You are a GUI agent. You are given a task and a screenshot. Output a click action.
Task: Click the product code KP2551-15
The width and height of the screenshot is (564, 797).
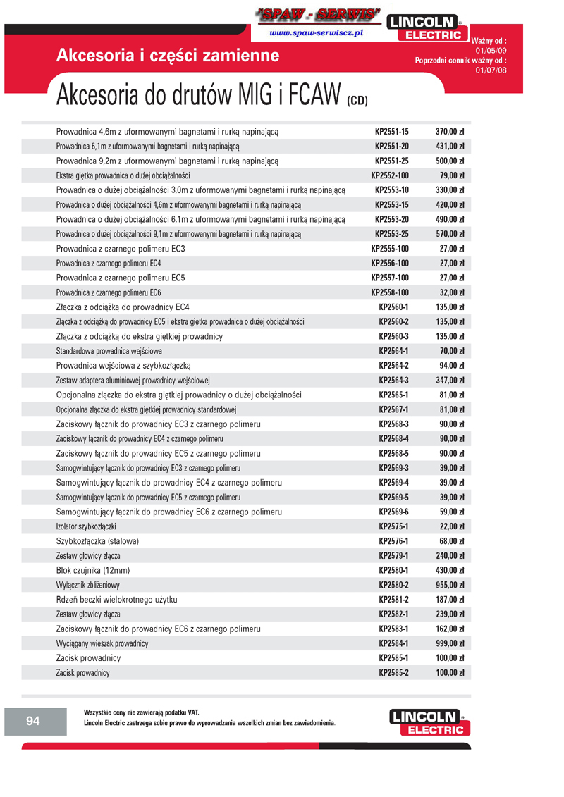coord(391,132)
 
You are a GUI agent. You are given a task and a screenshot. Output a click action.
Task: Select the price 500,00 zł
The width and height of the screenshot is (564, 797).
coord(449,161)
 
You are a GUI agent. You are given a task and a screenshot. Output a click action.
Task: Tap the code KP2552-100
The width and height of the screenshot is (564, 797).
coord(390,175)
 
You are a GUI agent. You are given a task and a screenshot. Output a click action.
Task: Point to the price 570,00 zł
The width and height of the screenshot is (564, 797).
coord(449,234)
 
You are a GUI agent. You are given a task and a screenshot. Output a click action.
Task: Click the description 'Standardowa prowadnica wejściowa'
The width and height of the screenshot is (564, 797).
coord(109,351)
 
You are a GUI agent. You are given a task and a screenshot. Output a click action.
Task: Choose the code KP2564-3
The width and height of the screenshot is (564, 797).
coord(393,381)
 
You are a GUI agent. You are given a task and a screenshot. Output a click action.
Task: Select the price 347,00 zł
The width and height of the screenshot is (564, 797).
coord(449,381)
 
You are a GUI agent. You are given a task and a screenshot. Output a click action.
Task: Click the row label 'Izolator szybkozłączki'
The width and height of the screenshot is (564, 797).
coord(86,527)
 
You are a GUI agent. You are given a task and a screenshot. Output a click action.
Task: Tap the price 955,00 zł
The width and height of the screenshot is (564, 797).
coord(449,586)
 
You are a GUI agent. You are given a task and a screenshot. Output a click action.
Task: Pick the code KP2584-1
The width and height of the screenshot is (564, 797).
coord(393,644)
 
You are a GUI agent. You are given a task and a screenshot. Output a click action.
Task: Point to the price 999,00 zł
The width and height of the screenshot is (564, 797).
coord(449,644)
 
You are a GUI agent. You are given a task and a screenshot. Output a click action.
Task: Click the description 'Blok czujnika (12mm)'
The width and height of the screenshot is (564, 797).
coord(93,571)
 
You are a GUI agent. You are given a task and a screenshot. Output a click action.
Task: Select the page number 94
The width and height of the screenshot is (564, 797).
coord(33,720)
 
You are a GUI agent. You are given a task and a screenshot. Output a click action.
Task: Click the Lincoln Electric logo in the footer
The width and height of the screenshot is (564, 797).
coord(427,722)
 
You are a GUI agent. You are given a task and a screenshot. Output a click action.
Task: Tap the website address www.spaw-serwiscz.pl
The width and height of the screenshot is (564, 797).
coord(316,33)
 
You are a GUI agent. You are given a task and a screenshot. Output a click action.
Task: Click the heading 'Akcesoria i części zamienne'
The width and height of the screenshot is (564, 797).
coord(168,56)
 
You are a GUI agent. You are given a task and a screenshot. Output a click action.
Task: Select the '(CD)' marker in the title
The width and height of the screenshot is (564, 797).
coord(357,101)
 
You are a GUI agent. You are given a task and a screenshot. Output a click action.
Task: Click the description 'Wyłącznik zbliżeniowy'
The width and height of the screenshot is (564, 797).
coord(88,586)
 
